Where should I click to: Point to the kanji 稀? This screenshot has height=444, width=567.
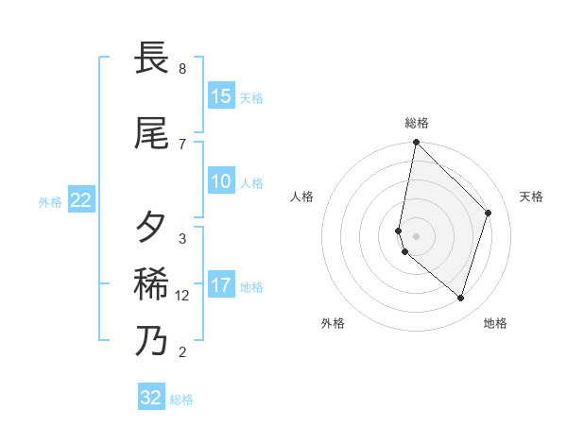point(153,283)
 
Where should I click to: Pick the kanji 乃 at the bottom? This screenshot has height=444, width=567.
point(153,340)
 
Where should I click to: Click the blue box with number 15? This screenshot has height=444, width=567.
point(221,96)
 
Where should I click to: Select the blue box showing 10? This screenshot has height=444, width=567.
point(221,182)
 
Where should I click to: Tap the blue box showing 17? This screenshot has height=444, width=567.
point(221,286)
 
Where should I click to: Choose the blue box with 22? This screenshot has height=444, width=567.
point(81,200)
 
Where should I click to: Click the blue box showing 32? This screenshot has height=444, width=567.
point(151,398)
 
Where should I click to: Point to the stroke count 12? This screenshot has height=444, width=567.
point(182,296)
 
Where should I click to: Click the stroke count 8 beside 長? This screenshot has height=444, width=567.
point(182,69)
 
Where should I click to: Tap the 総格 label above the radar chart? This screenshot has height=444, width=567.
point(417,123)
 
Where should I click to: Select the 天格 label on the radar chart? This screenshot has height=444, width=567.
point(531,196)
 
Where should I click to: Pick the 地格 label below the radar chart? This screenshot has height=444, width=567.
point(495,323)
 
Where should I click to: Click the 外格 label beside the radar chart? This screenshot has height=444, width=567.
point(333,323)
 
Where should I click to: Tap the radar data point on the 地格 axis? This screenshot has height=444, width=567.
point(461,299)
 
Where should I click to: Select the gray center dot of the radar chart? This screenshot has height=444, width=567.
point(417,236)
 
